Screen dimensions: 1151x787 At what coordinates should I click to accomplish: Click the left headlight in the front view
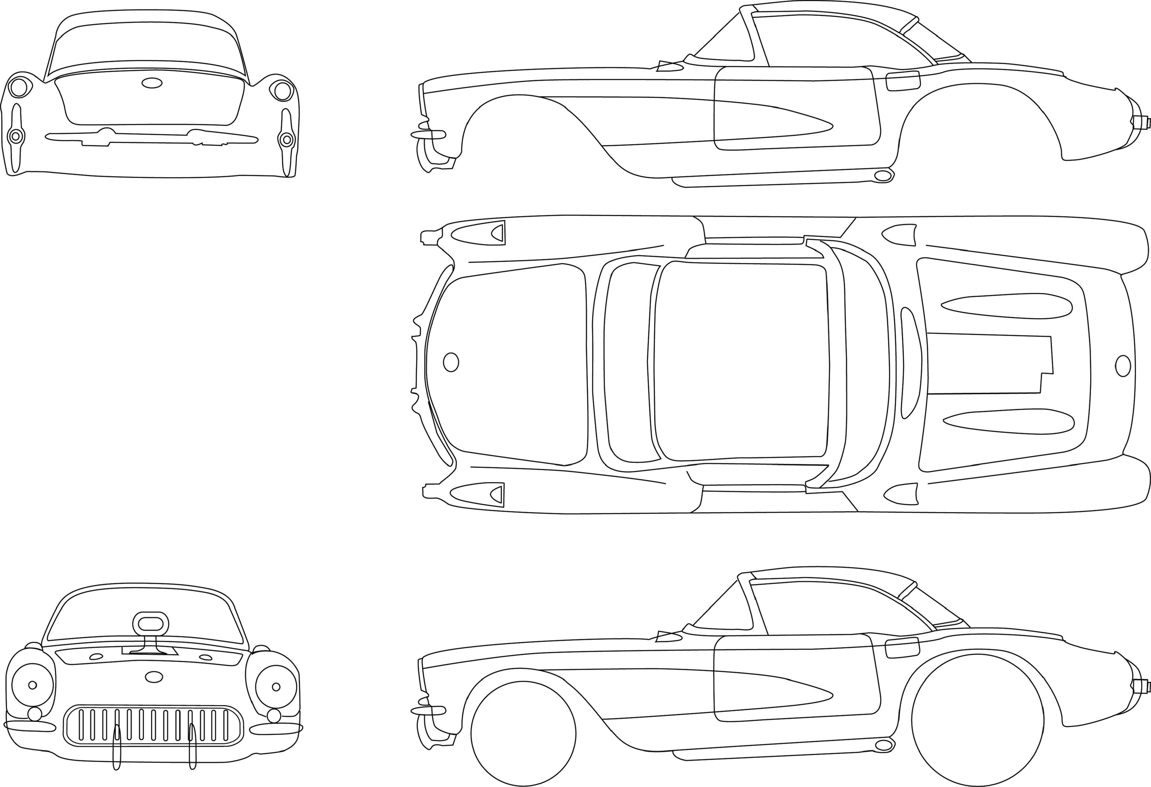click(33, 685)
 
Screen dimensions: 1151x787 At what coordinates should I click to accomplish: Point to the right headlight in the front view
click(276, 687)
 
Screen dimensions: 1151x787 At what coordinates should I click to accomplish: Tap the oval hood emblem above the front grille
click(154, 677)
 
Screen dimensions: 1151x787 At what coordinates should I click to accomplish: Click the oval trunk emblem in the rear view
click(152, 83)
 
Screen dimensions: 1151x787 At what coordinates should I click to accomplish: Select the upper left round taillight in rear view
click(19, 88)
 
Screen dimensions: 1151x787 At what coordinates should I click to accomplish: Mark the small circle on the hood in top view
click(451, 362)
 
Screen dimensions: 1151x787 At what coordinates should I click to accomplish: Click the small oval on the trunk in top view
click(1123, 366)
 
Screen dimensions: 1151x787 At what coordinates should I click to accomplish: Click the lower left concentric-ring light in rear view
click(16, 136)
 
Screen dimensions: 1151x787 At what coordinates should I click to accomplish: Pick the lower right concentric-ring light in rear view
click(286, 140)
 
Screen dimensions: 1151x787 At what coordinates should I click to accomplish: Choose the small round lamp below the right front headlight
click(273, 729)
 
